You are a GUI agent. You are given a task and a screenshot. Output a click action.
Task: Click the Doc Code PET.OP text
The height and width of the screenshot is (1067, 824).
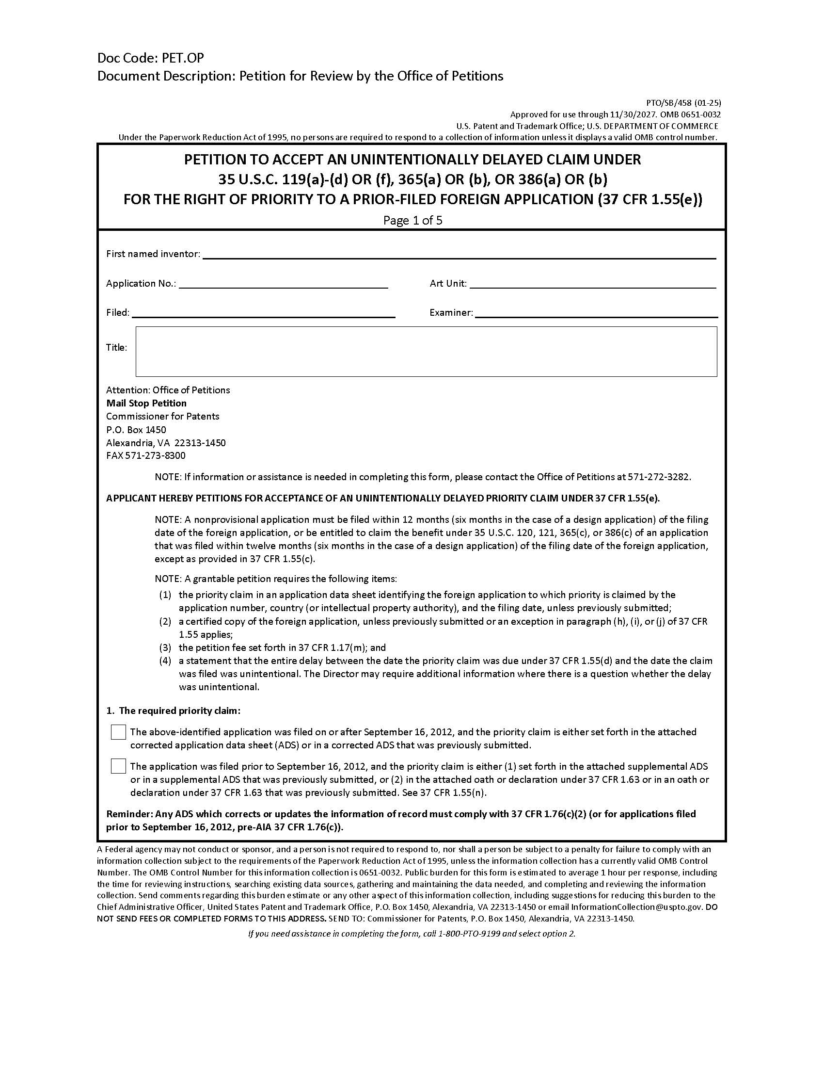(x=150, y=58)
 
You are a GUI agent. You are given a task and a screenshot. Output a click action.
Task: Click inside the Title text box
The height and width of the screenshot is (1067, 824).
(x=426, y=352)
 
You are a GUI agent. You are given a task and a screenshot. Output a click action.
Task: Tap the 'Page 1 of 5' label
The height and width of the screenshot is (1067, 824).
(x=412, y=220)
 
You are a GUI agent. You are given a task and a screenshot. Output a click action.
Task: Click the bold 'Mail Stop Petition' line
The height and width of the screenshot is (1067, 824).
(x=146, y=403)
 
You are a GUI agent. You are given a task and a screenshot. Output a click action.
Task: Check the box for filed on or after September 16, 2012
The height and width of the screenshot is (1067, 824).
(x=118, y=732)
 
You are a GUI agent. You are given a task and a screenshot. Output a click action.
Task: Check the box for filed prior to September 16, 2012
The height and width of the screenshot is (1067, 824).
(x=118, y=766)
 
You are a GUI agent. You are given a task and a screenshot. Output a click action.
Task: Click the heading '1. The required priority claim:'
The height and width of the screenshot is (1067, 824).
(x=174, y=711)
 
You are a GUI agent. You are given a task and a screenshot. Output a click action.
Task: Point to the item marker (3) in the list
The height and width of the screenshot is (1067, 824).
(x=165, y=648)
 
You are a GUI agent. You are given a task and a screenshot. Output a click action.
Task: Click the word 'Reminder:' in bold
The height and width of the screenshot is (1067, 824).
(x=129, y=814)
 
